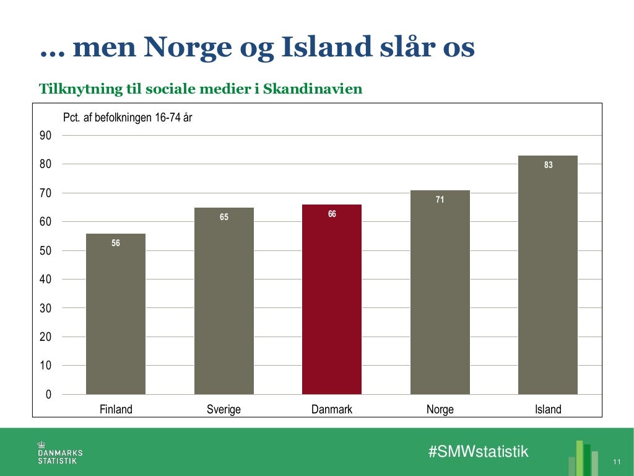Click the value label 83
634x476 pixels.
(548, 165)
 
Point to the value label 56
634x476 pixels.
(116, 244)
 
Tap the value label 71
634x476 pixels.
(440, 200)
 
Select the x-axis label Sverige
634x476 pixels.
(224, 410)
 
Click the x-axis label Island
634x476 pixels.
(548, 410)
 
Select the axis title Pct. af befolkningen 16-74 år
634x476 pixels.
(128, 117)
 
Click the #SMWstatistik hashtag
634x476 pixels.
(479, 451)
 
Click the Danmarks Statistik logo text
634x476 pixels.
(60, 456)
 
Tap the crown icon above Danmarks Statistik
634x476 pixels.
(42, 444)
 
